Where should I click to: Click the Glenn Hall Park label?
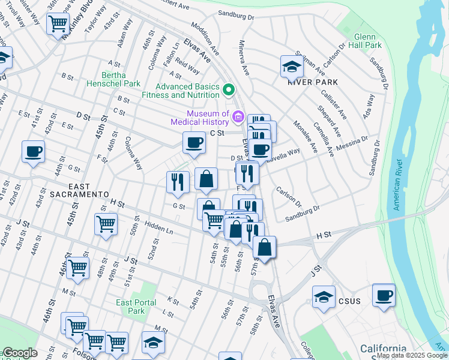(364, 41)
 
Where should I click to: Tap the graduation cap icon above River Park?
(292, 67)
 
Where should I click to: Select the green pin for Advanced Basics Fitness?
(228, 91)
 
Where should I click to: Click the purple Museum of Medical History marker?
(238, 115)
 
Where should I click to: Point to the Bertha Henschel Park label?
(115, 79)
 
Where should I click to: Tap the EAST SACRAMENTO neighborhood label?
(71, 191)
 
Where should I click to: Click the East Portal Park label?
(136, 307)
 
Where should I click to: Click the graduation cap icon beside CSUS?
(324, 297)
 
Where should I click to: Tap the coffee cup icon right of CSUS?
(384, 295)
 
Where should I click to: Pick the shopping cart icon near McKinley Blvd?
(58, 25)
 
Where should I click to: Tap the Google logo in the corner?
(20, 353)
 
